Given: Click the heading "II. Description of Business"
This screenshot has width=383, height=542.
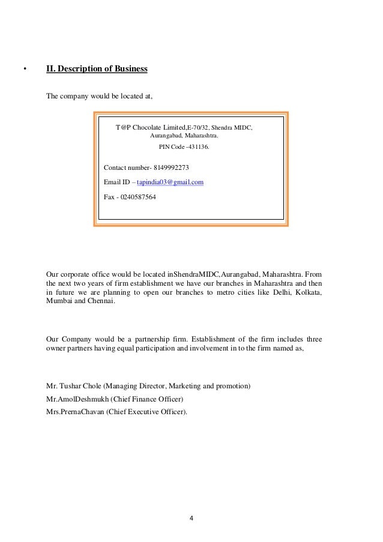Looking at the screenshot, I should (97, 70).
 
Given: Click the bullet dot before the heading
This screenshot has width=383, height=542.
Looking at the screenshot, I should (25, 70).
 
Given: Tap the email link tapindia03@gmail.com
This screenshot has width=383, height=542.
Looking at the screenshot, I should (170, 182).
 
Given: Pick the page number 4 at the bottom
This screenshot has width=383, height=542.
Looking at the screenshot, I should (191, 518).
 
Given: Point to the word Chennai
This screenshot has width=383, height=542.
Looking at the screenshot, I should (100, 303).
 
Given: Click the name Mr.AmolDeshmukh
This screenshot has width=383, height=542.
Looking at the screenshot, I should (73, 399).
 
